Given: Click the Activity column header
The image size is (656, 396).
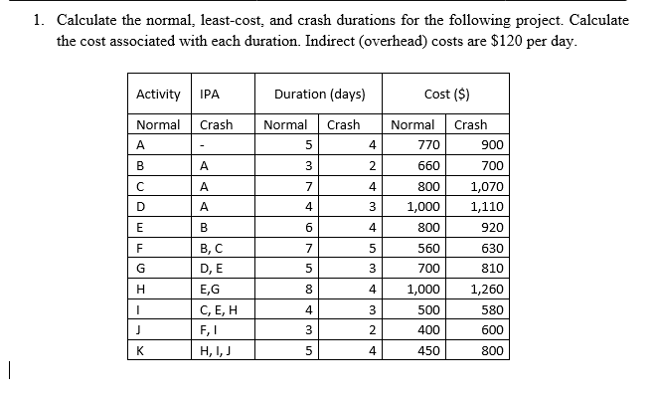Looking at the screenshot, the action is (x=158, y=96).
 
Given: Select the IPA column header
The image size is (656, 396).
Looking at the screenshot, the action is (x=210, y=96).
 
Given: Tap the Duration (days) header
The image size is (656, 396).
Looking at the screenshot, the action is (x=320, y=96).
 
